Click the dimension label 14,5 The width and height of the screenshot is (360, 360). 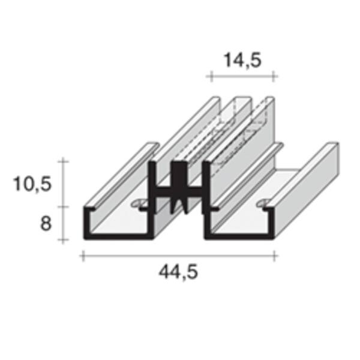pyautogui.click(x=242, y=61)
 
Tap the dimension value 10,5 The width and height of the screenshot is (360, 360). pyautogui.click(x=32, y=184)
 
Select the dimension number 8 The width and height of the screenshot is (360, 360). pyautogui.click(x=46, y=224)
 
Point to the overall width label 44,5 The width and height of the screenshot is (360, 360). pyautogui.click(x=178, y=272)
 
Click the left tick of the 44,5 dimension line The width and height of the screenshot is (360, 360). pyautogui.click(x=83, y=256)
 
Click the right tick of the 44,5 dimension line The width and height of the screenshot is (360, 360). pyautogui.click(x=274, y=256)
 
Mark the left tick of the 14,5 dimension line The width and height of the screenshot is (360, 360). pyautogui.click(x=212, y=76)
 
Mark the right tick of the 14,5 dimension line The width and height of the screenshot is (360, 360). pyautogui.click(x=273, y=76)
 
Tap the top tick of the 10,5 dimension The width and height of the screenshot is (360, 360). pyautogui.click(x=63, y=161)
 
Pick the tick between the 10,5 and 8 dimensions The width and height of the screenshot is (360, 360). pyautogui.click(x=63, y=206)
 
